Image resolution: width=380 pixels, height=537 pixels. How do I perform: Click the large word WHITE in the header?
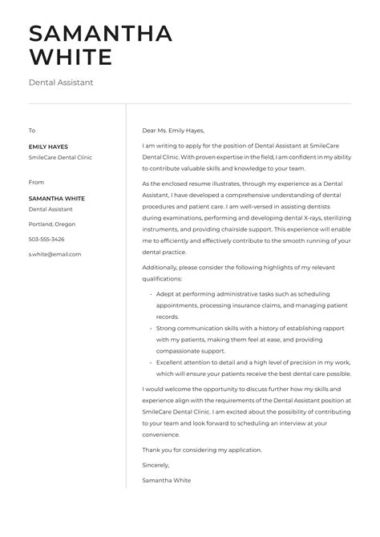(x=70, y=58)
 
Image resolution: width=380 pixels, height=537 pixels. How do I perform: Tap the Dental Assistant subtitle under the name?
(x=61, y=82)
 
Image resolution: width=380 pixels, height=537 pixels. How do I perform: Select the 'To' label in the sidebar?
(x=32, y=130)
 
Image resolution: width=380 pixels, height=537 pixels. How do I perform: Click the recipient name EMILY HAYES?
(x=48, y=147)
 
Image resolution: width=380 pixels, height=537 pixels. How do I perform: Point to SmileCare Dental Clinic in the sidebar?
(x=60, y=158)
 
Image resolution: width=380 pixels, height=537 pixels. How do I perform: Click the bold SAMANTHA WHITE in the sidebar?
(x=56, y=198)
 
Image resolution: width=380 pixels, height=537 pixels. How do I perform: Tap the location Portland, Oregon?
(x=52, y=224)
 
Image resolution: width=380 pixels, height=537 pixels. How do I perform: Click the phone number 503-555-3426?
(x=46, y=239)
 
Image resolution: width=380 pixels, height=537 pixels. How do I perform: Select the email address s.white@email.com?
(x=55, y=254)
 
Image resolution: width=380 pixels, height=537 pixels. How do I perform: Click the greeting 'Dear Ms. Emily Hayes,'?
(x=173, y=130)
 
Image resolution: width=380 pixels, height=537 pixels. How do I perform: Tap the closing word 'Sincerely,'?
(x=157, y=465)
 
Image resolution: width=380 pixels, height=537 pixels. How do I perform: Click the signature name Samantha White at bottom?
(x=166, y=480)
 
